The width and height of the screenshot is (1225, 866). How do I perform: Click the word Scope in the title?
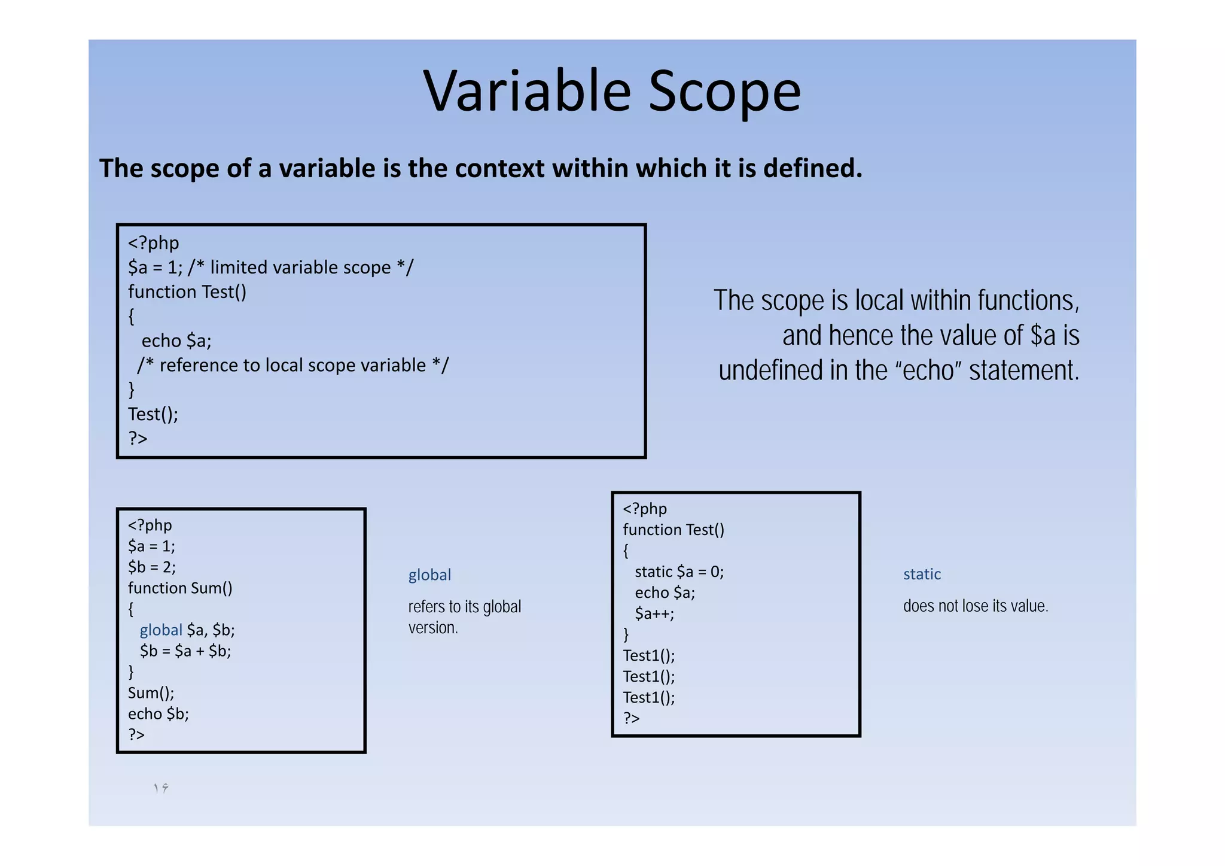pos(724,92)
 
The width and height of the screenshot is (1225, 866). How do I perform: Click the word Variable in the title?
pos(527,92)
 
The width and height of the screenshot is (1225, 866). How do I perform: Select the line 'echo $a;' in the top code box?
pos(176,341)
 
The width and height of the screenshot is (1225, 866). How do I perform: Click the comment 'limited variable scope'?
pos(300,268)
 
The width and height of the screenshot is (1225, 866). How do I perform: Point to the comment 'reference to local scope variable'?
pos(292,365)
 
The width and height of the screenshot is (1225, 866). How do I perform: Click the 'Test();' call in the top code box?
pos(153,414)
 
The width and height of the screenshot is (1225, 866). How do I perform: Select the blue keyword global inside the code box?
pos(161,630)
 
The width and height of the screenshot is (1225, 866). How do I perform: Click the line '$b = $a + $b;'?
pos(185,651)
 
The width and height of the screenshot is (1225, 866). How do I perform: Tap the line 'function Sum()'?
pos(180,588)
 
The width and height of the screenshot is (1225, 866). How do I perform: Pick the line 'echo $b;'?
pos(159,714)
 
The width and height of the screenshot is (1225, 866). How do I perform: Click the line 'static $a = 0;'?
pos(679,572)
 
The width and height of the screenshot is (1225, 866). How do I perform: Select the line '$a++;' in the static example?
pos(654,614)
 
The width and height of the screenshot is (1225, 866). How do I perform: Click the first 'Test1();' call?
pos(649,656)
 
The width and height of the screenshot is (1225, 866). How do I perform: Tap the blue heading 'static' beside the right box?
pos(922,575)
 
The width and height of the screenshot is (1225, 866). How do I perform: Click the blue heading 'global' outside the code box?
pos(429,575)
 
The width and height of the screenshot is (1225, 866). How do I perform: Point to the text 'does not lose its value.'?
pos(976,606)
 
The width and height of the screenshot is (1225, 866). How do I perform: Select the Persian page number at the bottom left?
pos(161,788)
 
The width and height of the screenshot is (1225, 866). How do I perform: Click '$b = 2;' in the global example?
pos(152,567)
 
